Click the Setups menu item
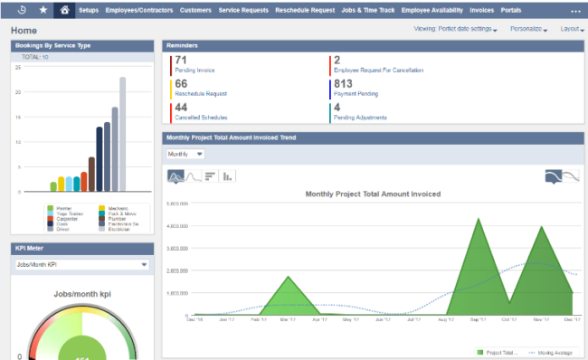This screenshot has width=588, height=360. (89, 10)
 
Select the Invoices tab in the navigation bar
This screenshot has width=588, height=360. (481, 10)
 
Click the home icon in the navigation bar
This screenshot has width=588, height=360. (64, 10)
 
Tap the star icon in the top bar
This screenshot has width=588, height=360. (44, 10)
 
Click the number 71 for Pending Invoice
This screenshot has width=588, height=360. (182, 61)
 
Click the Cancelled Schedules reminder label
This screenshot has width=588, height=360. (202, 118)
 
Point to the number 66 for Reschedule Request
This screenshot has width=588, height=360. (182, 84)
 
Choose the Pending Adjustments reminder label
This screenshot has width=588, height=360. (360, 118)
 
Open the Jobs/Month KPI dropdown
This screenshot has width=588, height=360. (81, 265)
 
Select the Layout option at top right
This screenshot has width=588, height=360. (572, 29)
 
